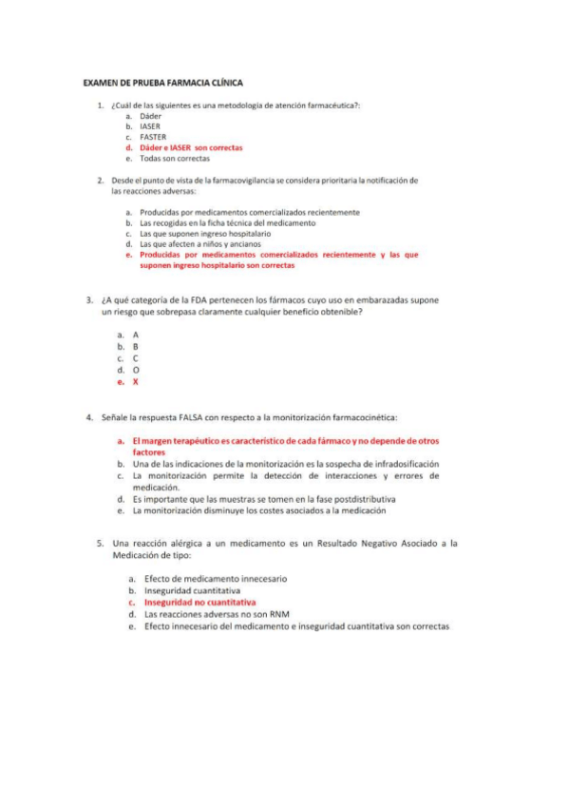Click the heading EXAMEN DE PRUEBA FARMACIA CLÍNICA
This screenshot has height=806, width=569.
[162, 84]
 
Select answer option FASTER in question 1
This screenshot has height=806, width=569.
[153, 137]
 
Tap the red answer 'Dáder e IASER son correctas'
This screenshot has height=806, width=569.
[191, 148]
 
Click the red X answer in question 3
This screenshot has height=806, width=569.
[136, 382]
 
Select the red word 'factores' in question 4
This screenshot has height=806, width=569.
[149, 452]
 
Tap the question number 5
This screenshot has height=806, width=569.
[100, 544]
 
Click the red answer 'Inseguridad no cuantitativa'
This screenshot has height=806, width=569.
[199, 603]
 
